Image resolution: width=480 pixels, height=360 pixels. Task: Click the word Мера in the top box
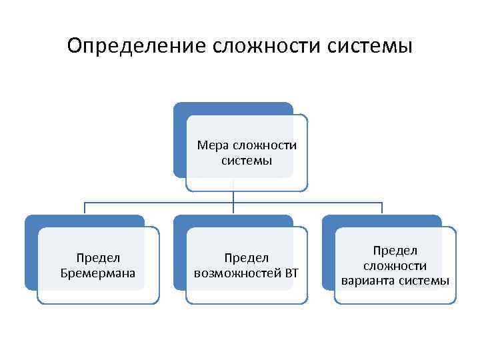[213, 146]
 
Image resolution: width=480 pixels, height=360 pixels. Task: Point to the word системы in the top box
[246, 161]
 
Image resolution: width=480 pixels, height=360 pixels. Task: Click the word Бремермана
[97, 273]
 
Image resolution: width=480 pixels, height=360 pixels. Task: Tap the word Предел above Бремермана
[97, 258]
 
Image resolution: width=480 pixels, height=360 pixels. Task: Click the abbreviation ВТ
[292, 273]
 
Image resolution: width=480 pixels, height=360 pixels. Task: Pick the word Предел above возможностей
[246, 258]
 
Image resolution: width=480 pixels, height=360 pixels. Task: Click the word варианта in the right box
[366, 281]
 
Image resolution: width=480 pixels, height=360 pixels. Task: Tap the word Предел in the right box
[395, 251]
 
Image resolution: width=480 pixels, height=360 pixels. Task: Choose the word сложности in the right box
[395, 265]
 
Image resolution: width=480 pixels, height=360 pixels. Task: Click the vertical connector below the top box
[233, 197]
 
